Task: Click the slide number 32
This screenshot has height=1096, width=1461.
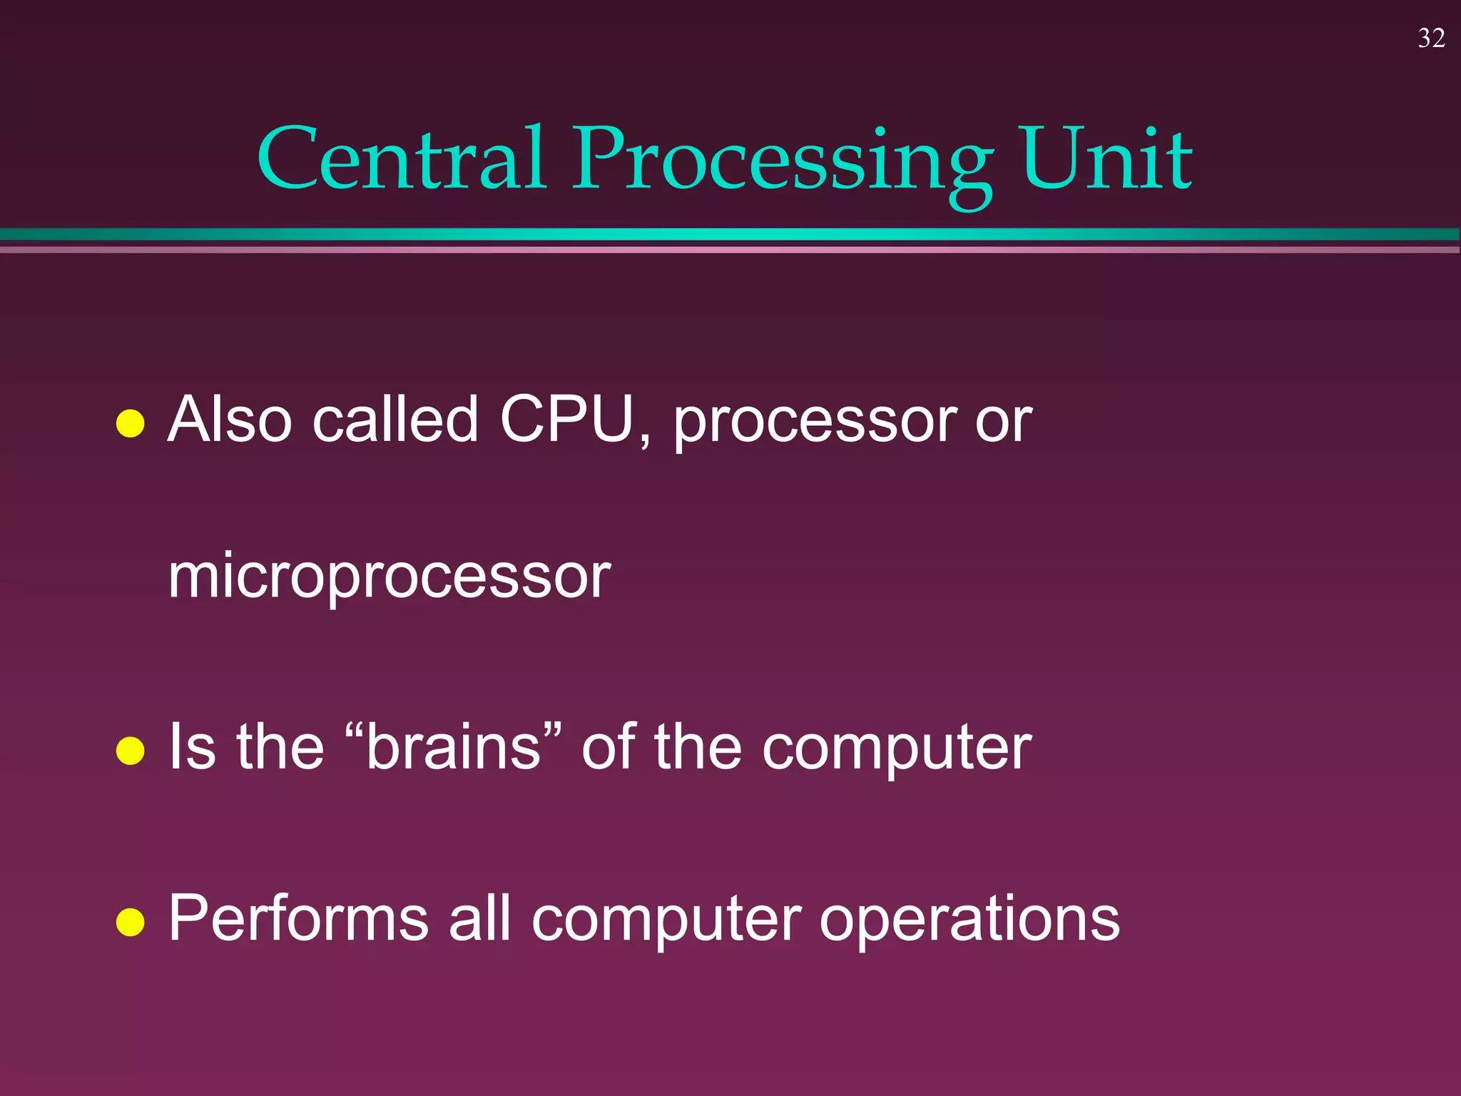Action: tap(1431, 39)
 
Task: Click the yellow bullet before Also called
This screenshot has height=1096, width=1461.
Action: tap(131, 423)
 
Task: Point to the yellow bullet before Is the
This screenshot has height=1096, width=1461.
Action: tap(131, 751)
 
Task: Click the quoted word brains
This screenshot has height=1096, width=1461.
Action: tap(454, 747)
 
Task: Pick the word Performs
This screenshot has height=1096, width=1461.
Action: tap(298, 919)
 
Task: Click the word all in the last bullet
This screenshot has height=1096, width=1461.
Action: tap(479, 919)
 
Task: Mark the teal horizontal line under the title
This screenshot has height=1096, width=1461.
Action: tap(730, 235)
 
